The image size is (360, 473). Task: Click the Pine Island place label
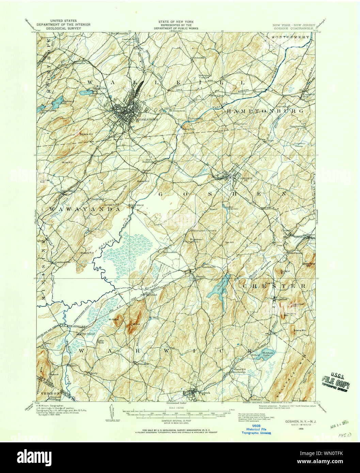click(88, 334)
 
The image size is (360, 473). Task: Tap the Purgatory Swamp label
click(299, 145)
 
